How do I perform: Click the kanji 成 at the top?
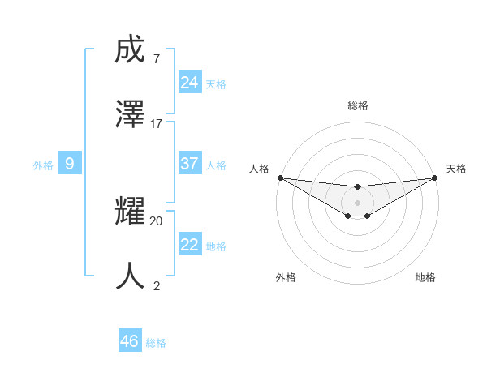tap(131, 50)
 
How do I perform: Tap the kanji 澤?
tap(131, 114)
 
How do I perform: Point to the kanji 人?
tap(131, 276)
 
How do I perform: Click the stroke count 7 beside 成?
tap(156, 59)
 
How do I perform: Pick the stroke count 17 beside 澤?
tap(157, 124)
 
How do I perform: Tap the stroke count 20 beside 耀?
tap(157, 220)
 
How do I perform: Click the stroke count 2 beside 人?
tap(157, 285)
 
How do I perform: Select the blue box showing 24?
tap(189, 82)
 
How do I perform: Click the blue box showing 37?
tap(189, 163)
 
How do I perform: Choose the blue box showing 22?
tap(189, 245)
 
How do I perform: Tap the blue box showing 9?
tap(70, 164)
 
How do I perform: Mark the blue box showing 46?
tap(130, 341)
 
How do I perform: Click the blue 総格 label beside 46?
tap(156, 343)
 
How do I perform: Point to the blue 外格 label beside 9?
tap(43, 165)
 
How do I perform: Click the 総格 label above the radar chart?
tap(357, 105)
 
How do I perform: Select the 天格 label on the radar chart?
tap(456, 169)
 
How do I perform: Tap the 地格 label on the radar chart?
tap(425, 277)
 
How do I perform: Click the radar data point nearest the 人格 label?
tap(280, 178)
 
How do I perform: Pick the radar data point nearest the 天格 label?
tap(434, 178)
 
